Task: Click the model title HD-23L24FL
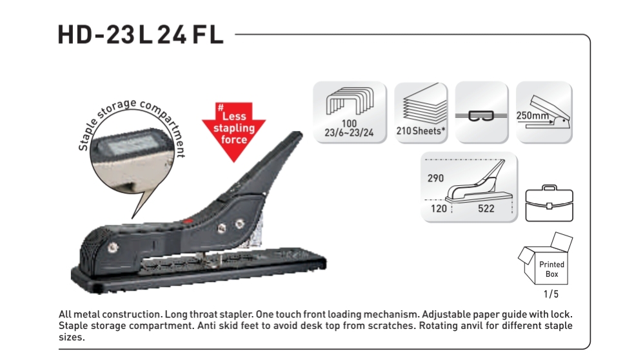point(141,35)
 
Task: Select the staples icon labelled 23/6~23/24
point(350,112)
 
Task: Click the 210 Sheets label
point(420,131)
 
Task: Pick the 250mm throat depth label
point(533,115)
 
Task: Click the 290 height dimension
point(435,178)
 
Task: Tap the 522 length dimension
point(486,208)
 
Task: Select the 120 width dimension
point(439,208)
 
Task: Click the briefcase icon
point(549,203)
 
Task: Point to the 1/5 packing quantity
point(551,294)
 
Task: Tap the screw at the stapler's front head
point(113,248)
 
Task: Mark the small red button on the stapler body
point(188,221)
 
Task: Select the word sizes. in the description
point(72,338)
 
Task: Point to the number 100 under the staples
point(349,124)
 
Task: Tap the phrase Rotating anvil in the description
point(448,326)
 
